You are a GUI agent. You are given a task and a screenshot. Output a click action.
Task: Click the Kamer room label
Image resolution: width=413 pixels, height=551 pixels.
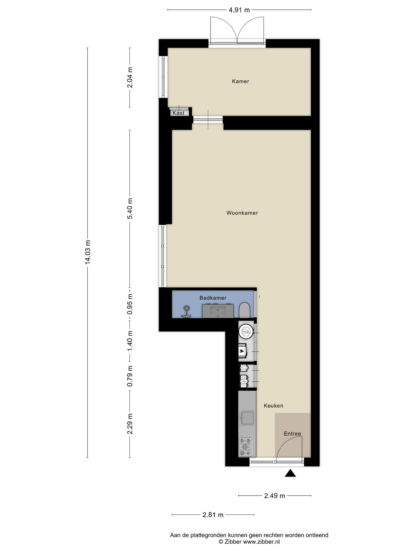pos(240,81)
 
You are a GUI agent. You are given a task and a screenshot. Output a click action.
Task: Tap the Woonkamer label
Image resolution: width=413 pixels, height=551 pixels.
pos(242,213)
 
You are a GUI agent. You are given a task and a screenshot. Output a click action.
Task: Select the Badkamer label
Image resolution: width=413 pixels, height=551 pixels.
pos(213,298)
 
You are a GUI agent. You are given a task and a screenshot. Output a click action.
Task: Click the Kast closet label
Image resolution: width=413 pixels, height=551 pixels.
pos(178,113)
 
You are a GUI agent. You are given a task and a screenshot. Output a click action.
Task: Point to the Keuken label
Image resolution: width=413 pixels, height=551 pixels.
pos(273,406)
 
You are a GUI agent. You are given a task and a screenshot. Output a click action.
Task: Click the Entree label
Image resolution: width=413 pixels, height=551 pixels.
pos(292,433)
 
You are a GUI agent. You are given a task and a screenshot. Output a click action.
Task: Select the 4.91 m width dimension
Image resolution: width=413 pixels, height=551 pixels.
pos(239,10)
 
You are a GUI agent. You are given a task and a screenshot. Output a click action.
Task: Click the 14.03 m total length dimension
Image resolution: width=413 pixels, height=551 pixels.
pos(88,252)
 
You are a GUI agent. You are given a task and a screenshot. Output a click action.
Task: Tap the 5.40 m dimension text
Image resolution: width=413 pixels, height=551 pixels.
pos(130,208)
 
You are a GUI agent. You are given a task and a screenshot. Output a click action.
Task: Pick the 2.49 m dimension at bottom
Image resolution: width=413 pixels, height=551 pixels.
pos(274,496)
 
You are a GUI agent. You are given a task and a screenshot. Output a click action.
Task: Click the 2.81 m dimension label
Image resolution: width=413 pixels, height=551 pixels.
pos(213,515)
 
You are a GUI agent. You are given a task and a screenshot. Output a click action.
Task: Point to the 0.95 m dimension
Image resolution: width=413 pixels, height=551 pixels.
pos(130,304)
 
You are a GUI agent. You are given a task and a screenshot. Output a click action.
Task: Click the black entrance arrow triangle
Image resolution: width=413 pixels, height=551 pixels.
pos(290,473)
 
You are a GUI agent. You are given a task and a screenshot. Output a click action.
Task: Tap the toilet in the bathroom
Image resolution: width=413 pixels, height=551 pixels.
pos(245,310)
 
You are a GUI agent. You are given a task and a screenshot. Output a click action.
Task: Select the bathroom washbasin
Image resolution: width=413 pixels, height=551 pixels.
pos(218,311)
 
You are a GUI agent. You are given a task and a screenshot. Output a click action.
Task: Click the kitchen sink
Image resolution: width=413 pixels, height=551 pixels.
pos(247,418)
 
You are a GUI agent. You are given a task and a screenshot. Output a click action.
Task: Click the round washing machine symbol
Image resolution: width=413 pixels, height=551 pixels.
pos(246,332)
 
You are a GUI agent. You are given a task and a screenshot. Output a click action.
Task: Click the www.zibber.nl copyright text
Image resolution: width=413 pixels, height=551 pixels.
pos(249,542)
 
